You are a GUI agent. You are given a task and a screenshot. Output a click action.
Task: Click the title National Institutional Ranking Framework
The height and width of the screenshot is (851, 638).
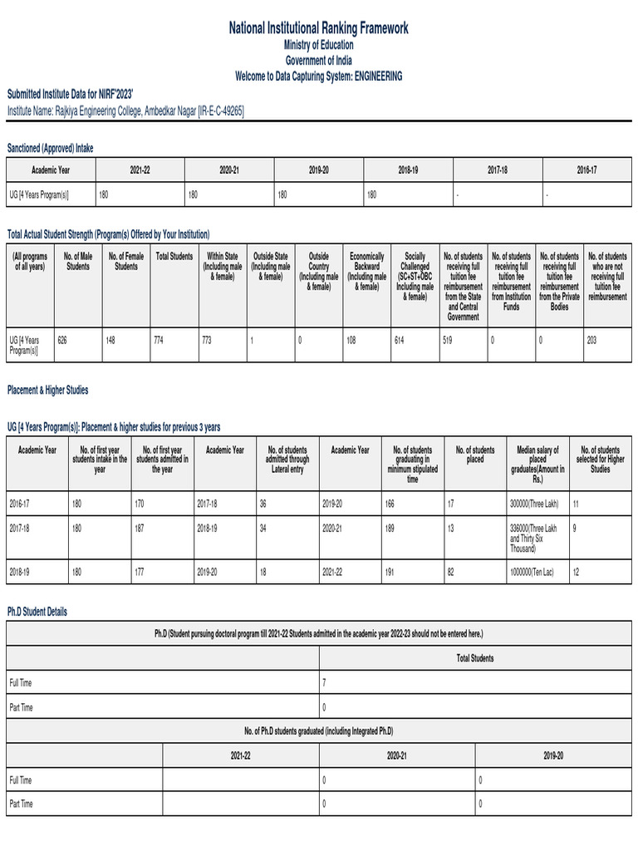tap(319, 29)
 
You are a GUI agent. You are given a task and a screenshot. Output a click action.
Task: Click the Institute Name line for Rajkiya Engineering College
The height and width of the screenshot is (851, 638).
tap(125, 110)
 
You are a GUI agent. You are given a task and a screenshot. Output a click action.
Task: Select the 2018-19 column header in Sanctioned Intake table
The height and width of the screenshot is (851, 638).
tap(408, 170)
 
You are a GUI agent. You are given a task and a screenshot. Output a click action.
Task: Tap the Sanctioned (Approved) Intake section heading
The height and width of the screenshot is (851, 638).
tap(51, 148)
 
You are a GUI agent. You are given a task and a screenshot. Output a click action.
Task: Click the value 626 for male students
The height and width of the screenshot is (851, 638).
tap(62, 340)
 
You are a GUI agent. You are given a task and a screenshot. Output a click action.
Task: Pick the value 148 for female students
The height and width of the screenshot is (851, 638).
tap(110, 340)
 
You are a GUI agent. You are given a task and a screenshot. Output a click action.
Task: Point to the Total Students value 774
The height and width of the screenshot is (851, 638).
tap(159, 340)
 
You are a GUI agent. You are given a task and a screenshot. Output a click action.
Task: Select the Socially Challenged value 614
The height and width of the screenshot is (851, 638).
tap(400, 340)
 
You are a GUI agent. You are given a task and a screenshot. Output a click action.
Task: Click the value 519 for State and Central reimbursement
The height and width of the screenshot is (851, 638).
tap(449, 340)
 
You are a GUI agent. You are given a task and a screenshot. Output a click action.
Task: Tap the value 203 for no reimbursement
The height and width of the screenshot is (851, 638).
tap(591, 340)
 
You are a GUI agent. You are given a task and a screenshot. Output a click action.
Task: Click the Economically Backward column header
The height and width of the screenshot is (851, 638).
tap(366, 272)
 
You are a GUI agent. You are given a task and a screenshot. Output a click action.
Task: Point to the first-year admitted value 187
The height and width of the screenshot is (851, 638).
tap(140, 527)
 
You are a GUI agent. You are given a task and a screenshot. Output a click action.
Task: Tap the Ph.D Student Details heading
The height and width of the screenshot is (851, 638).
tap(37, 612)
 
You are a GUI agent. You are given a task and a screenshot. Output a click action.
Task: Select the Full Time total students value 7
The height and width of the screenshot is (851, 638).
tap(324, 682)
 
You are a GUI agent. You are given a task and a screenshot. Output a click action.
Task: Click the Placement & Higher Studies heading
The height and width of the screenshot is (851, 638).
tap(47, 390)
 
